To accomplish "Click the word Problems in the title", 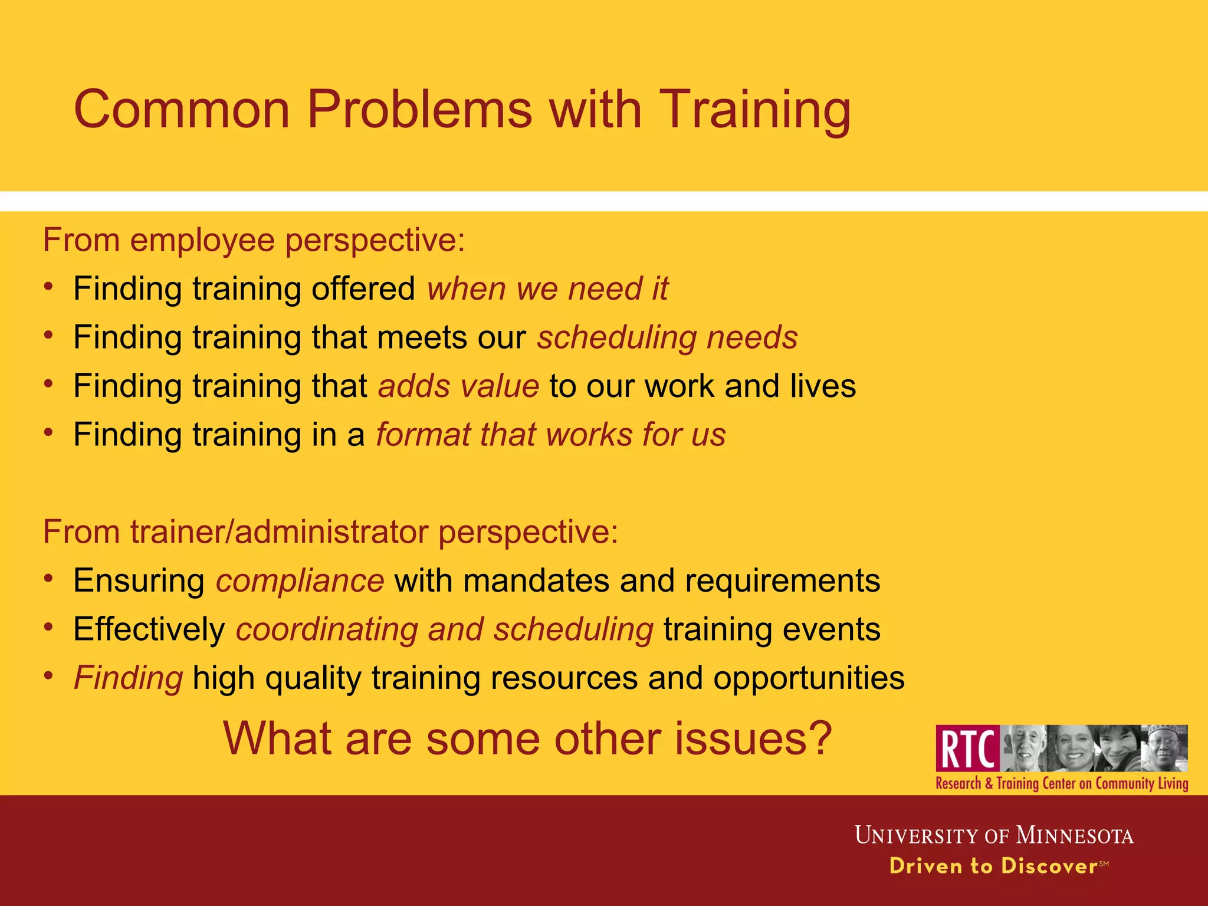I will click(x=419, y=110).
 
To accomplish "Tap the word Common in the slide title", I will click(x=182, y=110).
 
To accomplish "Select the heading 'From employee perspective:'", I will click(x=254, y=241).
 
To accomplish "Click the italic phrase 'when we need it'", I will click(x=547, y=289).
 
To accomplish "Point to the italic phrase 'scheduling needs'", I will click(x=667, y=338).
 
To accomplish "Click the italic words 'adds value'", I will click(x=458, y=386).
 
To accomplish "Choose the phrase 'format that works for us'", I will click(x=551, y=435).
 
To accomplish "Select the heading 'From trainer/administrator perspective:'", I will click(x=330, y=532).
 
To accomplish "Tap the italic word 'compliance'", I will click(x=300, y=581).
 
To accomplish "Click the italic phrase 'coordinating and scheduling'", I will click(x=444, y=629).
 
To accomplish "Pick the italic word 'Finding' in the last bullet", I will click(x=128, y=678).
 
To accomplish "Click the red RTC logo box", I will click(x=967, y=749).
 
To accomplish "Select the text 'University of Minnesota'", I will click(x=994, y=836).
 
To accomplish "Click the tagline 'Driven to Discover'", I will click(x=993, y=866).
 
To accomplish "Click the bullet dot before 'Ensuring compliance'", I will click(x=49, y=578).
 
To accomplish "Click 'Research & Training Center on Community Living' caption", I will click(x=1062, y=784).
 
